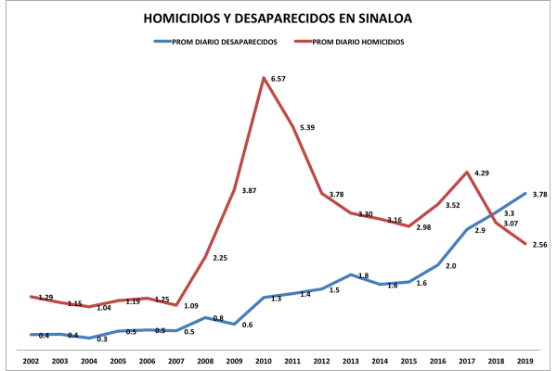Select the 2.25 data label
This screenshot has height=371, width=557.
point(221,258)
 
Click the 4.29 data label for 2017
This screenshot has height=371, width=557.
point(482,173)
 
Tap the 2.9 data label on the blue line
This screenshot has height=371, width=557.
point(479,231)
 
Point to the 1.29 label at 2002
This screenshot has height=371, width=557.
point(45,297)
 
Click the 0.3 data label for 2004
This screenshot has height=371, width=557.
point(101,339)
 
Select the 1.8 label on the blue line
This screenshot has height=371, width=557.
point(363,276)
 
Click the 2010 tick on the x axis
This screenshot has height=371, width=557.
point(263,360)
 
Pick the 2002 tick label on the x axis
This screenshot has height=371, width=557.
point(32,360)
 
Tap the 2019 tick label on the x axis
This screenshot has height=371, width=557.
point(525,360)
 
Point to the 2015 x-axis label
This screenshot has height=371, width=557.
point(408,360)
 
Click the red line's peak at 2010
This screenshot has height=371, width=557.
point(264,78)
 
